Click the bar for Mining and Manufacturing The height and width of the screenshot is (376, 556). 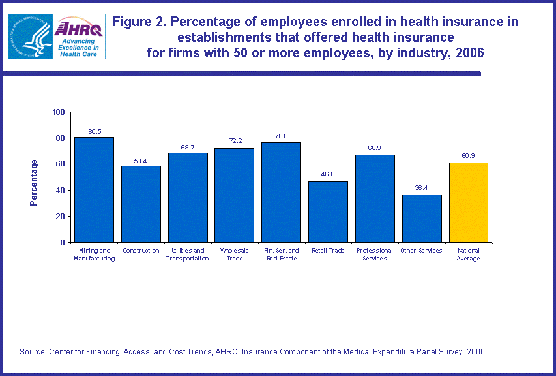coord(94,189)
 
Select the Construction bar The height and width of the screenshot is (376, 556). coord(141,204)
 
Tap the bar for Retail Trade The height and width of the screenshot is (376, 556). coord(328,211)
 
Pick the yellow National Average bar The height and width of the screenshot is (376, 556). coord(469,202)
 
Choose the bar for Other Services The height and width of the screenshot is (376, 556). coord(422,218)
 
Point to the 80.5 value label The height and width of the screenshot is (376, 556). coord(95,131)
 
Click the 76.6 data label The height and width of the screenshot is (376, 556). coord(282,136)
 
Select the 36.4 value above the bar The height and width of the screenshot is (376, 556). coord(422,189)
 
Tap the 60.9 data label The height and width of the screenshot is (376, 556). coord(469,157)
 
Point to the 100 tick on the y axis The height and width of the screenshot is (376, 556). coord(59,112)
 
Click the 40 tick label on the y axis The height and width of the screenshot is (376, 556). coord(61,191)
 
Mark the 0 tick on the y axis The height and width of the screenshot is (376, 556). coord(63,242)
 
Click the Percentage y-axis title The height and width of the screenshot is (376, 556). coord(34,183)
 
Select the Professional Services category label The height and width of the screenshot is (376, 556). coord(375,255)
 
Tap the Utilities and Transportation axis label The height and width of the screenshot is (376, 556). coord(188,255)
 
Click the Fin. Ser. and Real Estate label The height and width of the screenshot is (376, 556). coord(282,255)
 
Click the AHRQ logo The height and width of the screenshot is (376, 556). coord(80,37)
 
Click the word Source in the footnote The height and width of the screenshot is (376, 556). coord(33,352)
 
